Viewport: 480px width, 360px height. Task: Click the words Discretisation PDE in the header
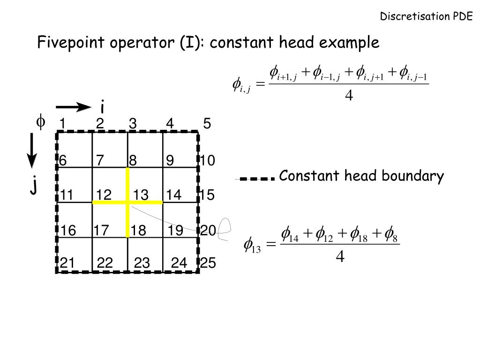[426, 17]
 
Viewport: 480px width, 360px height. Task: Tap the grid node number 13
[140, 195]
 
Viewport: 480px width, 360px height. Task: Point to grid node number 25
[208, 264]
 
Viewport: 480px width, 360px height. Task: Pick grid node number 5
[207, 124]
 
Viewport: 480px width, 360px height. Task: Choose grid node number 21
[67, 264]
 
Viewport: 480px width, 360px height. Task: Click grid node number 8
[133, 161]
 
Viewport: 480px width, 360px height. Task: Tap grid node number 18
[138, 231]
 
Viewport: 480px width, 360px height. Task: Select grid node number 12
[104, 195]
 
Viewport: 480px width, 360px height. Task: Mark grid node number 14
[173, 195]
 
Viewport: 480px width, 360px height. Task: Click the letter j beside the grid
[34, 186]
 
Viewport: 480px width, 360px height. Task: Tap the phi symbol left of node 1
[41, 122]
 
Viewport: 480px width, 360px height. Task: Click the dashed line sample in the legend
[255, 179]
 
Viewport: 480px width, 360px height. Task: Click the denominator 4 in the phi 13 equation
[340, 256]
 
